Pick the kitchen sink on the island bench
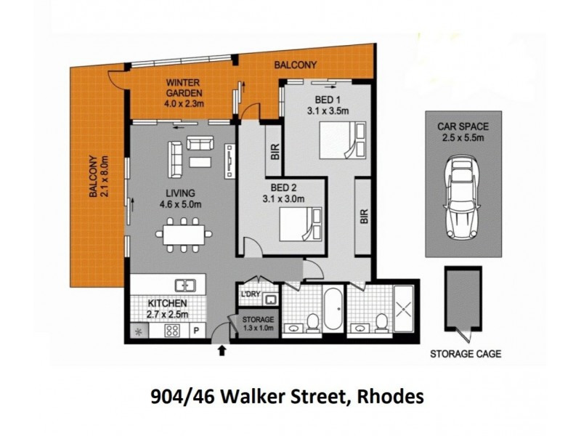186,285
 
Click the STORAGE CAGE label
466,355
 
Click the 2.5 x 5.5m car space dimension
462,137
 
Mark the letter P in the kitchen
195,331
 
